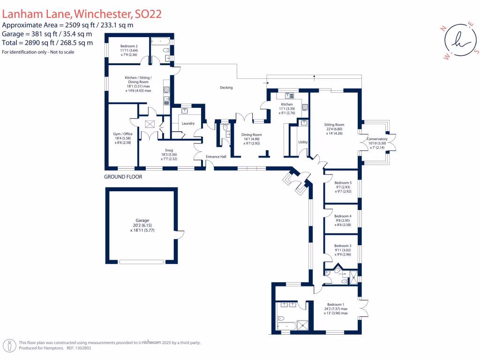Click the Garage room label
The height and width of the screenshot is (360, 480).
click(x=142, y=220)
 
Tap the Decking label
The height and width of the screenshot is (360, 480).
click(x=226, y=88)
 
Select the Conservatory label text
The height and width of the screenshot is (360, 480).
click(x=377, y=139)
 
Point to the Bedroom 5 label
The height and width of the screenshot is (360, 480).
click(x=343, y=183)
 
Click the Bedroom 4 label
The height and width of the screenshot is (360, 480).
click(x=343, y=216)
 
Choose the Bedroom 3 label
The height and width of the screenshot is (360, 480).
click(x=343, y=246)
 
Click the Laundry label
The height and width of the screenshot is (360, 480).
click(x=188, y=124)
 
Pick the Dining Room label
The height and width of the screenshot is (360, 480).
click(x=252, y=135)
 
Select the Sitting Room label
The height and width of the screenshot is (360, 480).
click(x=334, y=125)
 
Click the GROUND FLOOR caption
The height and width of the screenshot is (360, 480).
click(x=123, y=177)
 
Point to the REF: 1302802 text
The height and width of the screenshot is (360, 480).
click(x=79, y=348)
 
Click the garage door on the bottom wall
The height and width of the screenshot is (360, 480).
click(x=142, y=262)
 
